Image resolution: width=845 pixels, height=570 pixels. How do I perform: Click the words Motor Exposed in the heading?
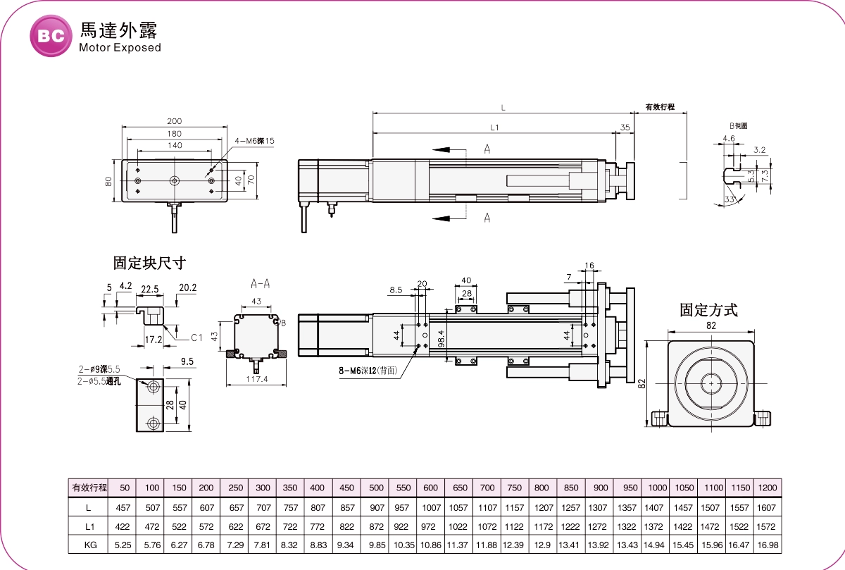(x=120, y=48)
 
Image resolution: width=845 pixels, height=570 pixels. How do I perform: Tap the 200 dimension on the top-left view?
(x=175, y=121)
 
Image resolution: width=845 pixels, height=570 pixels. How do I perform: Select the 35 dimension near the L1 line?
(x=625, y=128)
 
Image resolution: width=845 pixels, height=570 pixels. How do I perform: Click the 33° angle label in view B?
(x=729, y=200)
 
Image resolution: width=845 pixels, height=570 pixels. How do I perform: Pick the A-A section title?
(x=261, y=284)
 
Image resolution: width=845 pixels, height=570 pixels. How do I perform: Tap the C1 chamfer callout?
(x=197, y=337)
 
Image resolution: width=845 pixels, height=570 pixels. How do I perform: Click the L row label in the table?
(x=89, y=507)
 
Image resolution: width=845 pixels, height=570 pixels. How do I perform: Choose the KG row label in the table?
(x=89, y=545)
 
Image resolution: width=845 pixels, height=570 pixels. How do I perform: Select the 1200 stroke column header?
(x=767, y=488)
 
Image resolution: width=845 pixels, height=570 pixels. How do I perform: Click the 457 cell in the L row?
(x=123, y=507)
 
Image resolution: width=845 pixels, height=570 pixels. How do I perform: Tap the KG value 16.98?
(x=767, y=545)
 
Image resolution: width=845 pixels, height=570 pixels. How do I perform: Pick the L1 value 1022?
(x=458, y=526)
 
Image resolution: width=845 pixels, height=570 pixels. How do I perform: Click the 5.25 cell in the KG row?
(x=123, y=545)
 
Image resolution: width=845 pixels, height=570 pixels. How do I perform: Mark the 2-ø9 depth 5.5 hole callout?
(x=99, y=369)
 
